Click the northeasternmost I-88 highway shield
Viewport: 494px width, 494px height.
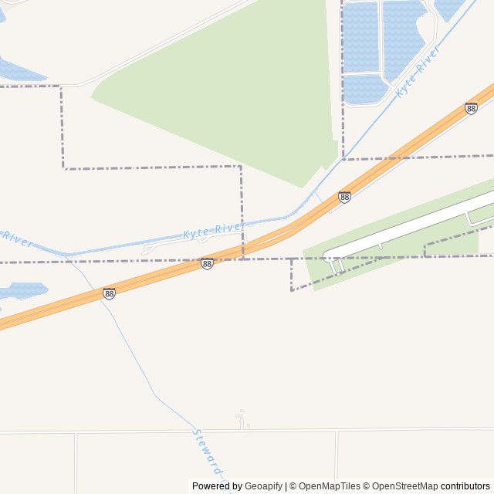point(471,109)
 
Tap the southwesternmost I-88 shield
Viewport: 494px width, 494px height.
point(109,293)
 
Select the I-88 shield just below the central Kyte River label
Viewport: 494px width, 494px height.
point(207,264)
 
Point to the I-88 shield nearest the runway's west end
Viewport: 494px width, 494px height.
point(344,198)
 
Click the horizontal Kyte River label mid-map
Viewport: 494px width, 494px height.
point(213,229)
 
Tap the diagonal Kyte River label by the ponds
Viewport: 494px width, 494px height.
point(418,70)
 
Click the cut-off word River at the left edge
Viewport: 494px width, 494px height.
point(17,239)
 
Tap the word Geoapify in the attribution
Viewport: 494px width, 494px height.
point(263,486)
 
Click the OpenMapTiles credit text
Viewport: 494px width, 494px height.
point(329,486)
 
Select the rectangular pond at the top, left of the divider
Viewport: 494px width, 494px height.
point(360,36)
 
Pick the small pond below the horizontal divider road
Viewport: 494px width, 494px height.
point(364,90)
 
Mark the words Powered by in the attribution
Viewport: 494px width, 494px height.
point(217,486)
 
